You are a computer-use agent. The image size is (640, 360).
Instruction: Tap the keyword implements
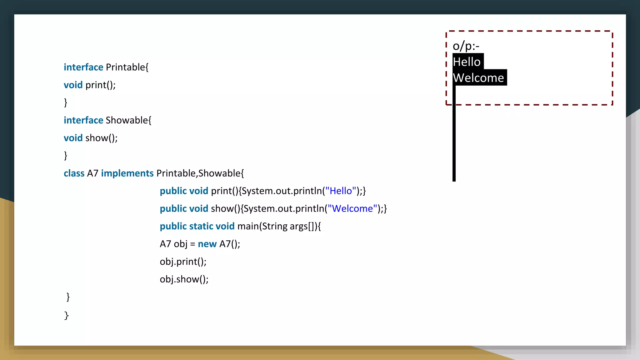point(127,173)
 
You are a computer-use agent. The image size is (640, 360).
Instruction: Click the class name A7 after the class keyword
point(92,173)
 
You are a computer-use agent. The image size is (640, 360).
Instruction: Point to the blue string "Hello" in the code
point(341,191)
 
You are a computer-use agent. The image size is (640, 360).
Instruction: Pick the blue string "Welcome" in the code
point(352,208)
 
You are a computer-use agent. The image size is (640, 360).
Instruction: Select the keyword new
point(207,244)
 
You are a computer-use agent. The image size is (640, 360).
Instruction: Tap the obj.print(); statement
point(183,262)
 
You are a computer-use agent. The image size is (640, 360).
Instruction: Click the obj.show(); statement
point(184,279)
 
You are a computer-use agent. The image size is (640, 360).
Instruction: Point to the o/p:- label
point(466,46)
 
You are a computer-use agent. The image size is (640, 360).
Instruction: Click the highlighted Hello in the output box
point(467,62)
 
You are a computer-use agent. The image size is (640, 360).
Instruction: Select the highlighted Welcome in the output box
point(478,78)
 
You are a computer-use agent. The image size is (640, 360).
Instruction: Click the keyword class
point(74,173)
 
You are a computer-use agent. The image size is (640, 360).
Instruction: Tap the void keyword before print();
point(73,85)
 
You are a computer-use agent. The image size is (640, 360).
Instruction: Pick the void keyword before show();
point(73,138)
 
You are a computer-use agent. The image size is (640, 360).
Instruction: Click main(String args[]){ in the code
point(279,226)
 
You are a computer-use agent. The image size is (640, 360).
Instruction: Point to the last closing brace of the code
point(66,315)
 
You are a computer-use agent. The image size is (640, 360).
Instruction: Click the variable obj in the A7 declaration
point(180,244)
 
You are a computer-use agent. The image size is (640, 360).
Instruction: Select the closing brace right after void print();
point(66,102)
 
